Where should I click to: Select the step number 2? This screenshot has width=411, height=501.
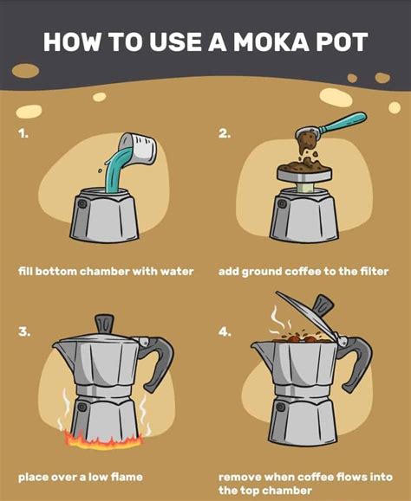click(x=225, y=134)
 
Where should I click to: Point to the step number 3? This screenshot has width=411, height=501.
click(x=24, y=331)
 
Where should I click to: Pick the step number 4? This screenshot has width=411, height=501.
click(x=225, y=331)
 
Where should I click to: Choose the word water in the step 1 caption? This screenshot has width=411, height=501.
click(x=173, y=271)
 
